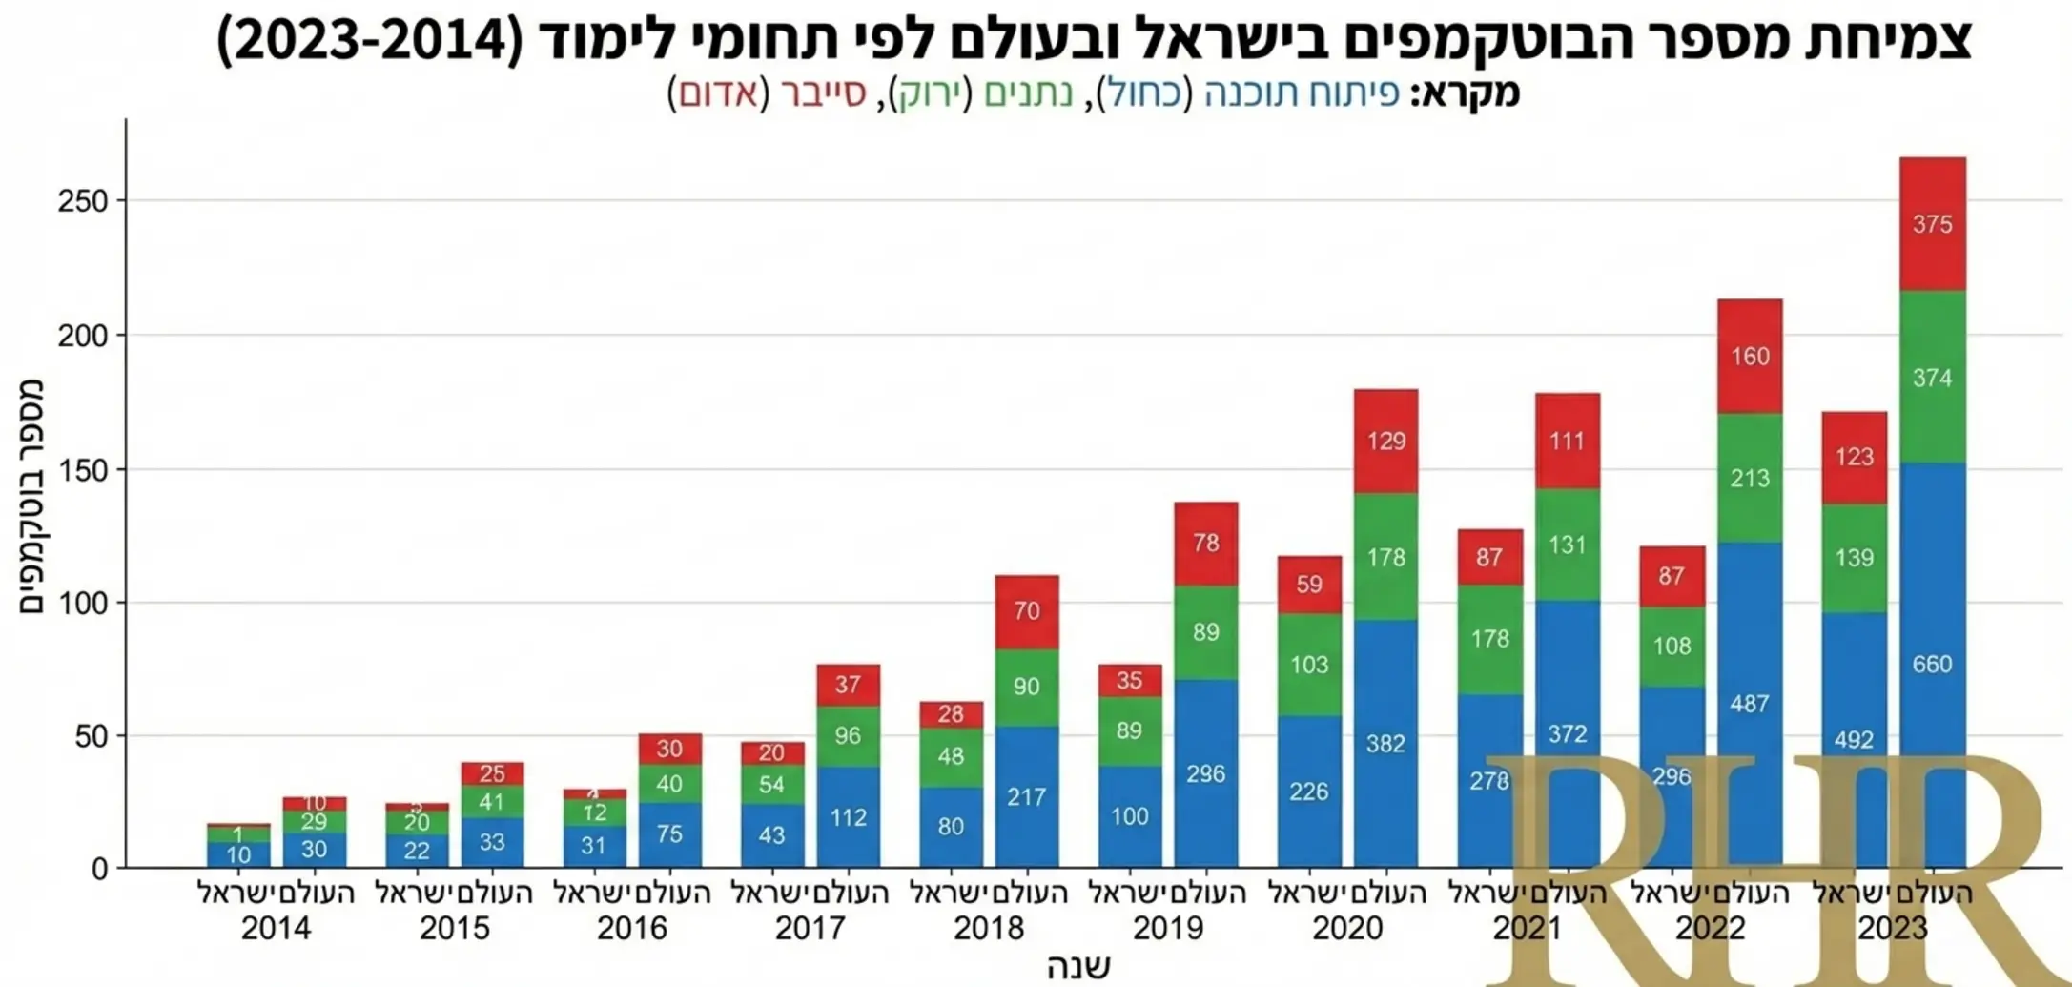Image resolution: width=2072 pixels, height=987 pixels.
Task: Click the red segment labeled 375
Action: (1932, 224)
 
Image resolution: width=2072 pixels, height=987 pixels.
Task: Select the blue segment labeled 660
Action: (1932, 665)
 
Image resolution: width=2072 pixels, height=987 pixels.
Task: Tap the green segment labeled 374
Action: (1932, 378)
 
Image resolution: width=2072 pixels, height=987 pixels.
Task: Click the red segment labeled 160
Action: (1750, 357)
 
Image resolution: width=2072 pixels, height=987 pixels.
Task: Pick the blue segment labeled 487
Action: (1750, 704)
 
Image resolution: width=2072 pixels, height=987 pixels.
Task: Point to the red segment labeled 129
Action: (1385, 441)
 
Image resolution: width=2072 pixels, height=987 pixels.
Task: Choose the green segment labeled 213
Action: (1750, 478)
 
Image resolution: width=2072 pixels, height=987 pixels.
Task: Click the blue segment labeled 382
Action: (1385, 744)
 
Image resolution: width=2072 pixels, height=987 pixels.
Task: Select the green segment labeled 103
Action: (1309, 665)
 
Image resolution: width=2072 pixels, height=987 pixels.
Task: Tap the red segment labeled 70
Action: (1026, 611)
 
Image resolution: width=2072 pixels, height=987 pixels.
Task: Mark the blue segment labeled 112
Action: (848, 817)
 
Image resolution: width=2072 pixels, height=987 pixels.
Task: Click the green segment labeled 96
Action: (848, 735)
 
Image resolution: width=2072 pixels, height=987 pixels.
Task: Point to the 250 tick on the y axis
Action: (83, 202)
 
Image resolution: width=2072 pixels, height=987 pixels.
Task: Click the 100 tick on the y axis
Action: (83, 604)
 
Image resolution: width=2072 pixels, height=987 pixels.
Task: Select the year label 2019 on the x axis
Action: (1168, 929)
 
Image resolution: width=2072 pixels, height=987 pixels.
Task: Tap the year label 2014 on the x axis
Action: (276, 929)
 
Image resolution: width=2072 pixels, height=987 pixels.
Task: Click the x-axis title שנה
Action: (1078, 966)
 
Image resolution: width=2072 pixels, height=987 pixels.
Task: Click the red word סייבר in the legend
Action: (823, 93)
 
